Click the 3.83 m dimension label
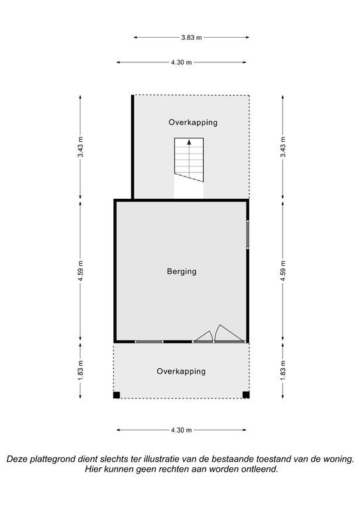191,38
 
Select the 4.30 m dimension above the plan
182,62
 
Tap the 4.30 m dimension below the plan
182,430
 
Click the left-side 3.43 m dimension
80,146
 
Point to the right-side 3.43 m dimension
283,146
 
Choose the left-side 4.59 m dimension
80,271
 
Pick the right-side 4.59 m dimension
283,271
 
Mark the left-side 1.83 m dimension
80,370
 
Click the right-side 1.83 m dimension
283,370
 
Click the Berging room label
182,271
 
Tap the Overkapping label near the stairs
193,123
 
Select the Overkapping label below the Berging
181,371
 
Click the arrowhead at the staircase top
189,142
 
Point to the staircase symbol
189,160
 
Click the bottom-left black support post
117,395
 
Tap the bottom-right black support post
246,395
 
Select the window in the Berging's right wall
247,235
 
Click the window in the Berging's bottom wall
149,341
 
